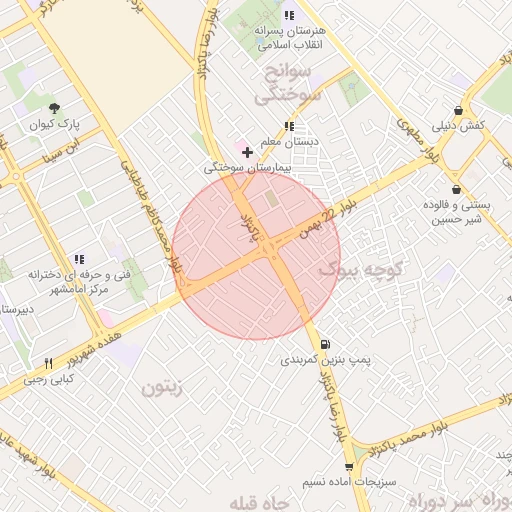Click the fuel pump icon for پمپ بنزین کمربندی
click(327, 344)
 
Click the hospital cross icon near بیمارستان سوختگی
click(247, 152)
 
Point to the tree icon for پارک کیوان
click(53, 110)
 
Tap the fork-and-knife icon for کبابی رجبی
click(48, 363)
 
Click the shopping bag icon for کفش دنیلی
click(458, 110)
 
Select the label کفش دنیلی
click(458, 126)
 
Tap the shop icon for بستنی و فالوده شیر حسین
click(456, 190)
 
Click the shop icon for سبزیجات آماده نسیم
click(348, 466)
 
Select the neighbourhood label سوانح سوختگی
click(288, 86)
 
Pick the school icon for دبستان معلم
click(289, 126)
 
